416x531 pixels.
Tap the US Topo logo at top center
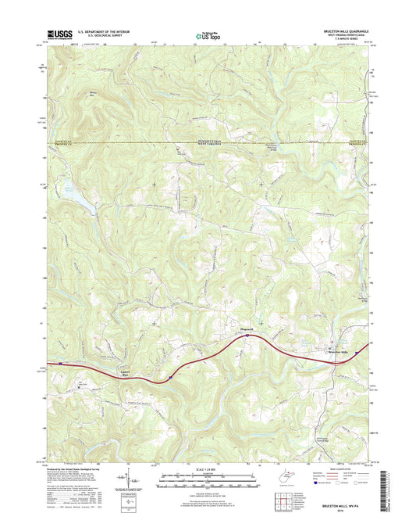(x=208, y=34)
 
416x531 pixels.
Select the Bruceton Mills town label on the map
(x=341, y=353)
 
